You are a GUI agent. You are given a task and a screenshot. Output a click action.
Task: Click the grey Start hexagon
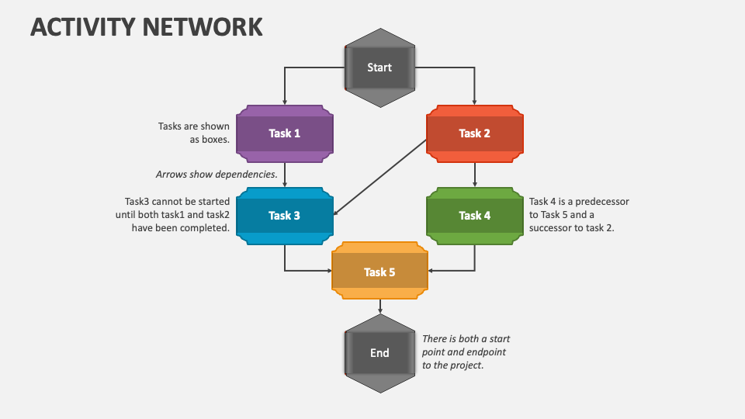click(379, 68)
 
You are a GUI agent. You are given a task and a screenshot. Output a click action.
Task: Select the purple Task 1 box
click(285, 133)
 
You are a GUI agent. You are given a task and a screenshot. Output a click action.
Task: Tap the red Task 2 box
click(475, 133)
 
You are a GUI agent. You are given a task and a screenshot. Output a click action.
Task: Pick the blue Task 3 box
click(285, 216)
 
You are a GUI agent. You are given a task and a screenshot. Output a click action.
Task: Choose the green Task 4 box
click(475, 216)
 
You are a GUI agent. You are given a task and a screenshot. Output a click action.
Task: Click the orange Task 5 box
click(379, 271)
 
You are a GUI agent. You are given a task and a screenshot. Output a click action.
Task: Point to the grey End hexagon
click(379, 353)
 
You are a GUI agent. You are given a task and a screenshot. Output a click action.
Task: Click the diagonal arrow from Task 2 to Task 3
click(380, 177)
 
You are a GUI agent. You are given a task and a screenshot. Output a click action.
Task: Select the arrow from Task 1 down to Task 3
click(285, 175)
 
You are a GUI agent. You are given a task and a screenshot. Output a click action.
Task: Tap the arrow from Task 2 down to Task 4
click(475, 175)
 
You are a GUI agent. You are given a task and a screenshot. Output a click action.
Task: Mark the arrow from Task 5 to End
click(380, 306)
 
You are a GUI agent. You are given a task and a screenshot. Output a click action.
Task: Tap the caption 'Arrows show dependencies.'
click(217, 175)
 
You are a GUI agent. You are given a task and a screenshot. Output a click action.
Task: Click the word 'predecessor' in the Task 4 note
click(602, 202)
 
